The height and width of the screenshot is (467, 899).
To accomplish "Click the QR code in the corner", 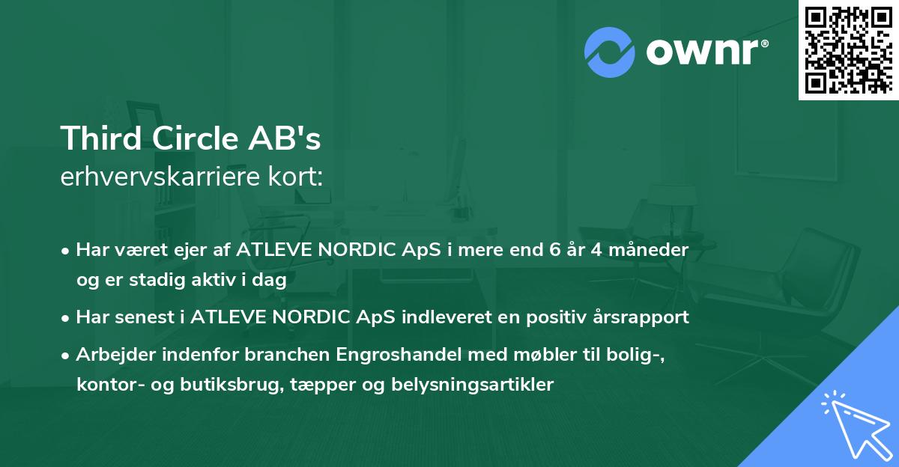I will (x=849, y=49).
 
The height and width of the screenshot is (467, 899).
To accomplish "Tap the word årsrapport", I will (x=641, y=317).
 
